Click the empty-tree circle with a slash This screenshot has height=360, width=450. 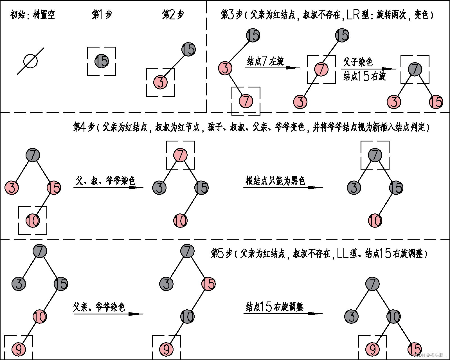[x=30, y=61]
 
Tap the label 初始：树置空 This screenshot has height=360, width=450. [x=33, y=15]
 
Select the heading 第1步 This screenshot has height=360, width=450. [x=102, y=15]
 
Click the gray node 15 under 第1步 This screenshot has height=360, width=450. [x=102, y=61]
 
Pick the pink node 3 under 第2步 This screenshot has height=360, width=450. [x=160, y=82]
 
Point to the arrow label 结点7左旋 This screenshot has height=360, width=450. [x=265, y=61]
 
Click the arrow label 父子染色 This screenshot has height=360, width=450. [x=358, y=62]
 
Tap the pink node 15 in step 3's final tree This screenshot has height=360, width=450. [x=436, y=102]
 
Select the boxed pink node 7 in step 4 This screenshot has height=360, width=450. [x=180, y=155]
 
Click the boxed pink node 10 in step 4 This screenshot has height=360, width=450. [x=33, y=220]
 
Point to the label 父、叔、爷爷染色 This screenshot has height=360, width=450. [x=105, y=181]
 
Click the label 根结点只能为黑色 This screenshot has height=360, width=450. [x=275, y=181]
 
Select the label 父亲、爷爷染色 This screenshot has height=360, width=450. [x=99, y=307]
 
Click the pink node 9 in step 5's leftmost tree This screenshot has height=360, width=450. [x=19, y=349]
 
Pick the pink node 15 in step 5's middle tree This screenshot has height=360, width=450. [x=208, y=283]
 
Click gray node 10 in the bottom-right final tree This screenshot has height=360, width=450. [x=393, y=317]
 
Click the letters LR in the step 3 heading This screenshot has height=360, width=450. [x=354, y=15]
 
